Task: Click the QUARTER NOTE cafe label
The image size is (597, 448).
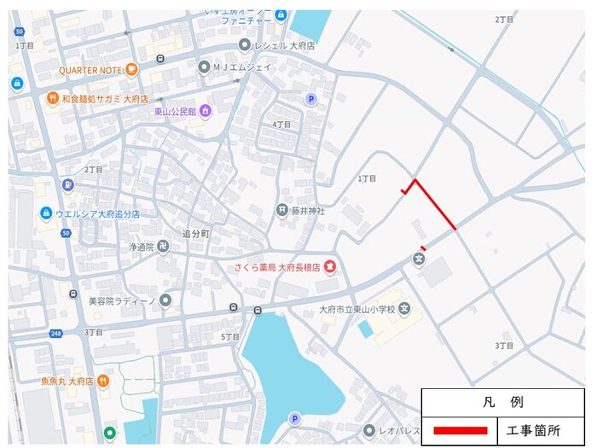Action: [91, 70]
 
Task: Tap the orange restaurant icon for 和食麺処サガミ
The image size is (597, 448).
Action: [52, 99]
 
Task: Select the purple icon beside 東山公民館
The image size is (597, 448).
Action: [205, 111]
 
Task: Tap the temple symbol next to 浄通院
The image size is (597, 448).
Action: [163, 247]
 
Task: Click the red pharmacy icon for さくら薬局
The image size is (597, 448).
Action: [330, 267]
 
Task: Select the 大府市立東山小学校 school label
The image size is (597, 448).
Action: [357, 309]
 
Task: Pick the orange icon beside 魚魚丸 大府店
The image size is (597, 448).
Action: [102, 381]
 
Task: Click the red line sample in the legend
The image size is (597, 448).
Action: [460, 430]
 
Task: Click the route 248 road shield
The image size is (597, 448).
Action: [55, 333]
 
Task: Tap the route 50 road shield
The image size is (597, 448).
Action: [19, 32]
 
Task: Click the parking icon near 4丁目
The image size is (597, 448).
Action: [311, 100]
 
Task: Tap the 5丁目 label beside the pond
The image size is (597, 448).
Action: [230, 337]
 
